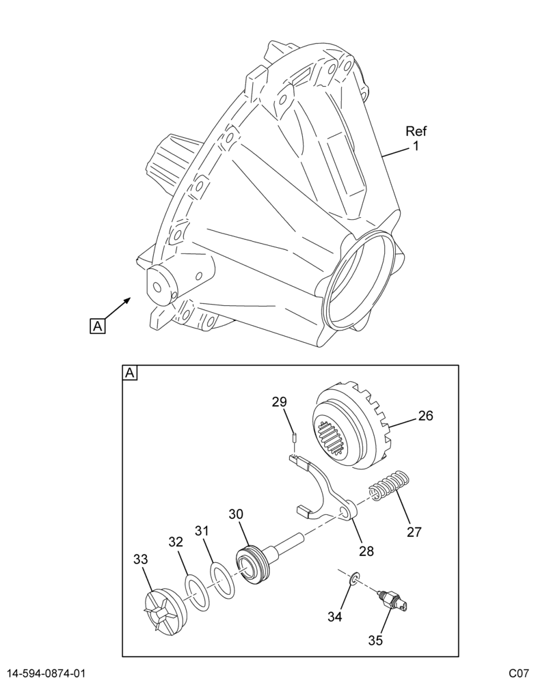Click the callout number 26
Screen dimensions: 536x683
pos(426,416)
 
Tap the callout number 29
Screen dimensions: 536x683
pos(280,402)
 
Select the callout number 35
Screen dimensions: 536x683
pos(375,641)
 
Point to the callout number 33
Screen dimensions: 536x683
pos(141,559)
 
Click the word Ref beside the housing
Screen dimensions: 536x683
pos(416,130)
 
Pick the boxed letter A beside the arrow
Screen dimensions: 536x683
pos(97,326)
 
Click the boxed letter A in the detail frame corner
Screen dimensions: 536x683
pos(130,373)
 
